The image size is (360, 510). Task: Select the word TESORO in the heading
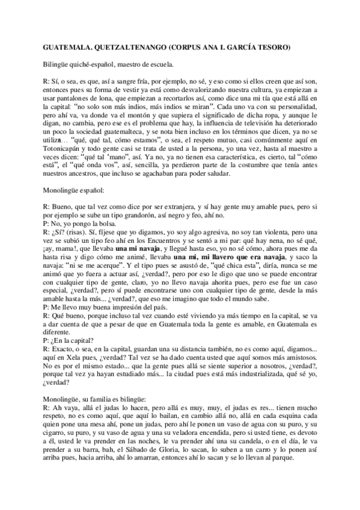(x=273, y=46)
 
